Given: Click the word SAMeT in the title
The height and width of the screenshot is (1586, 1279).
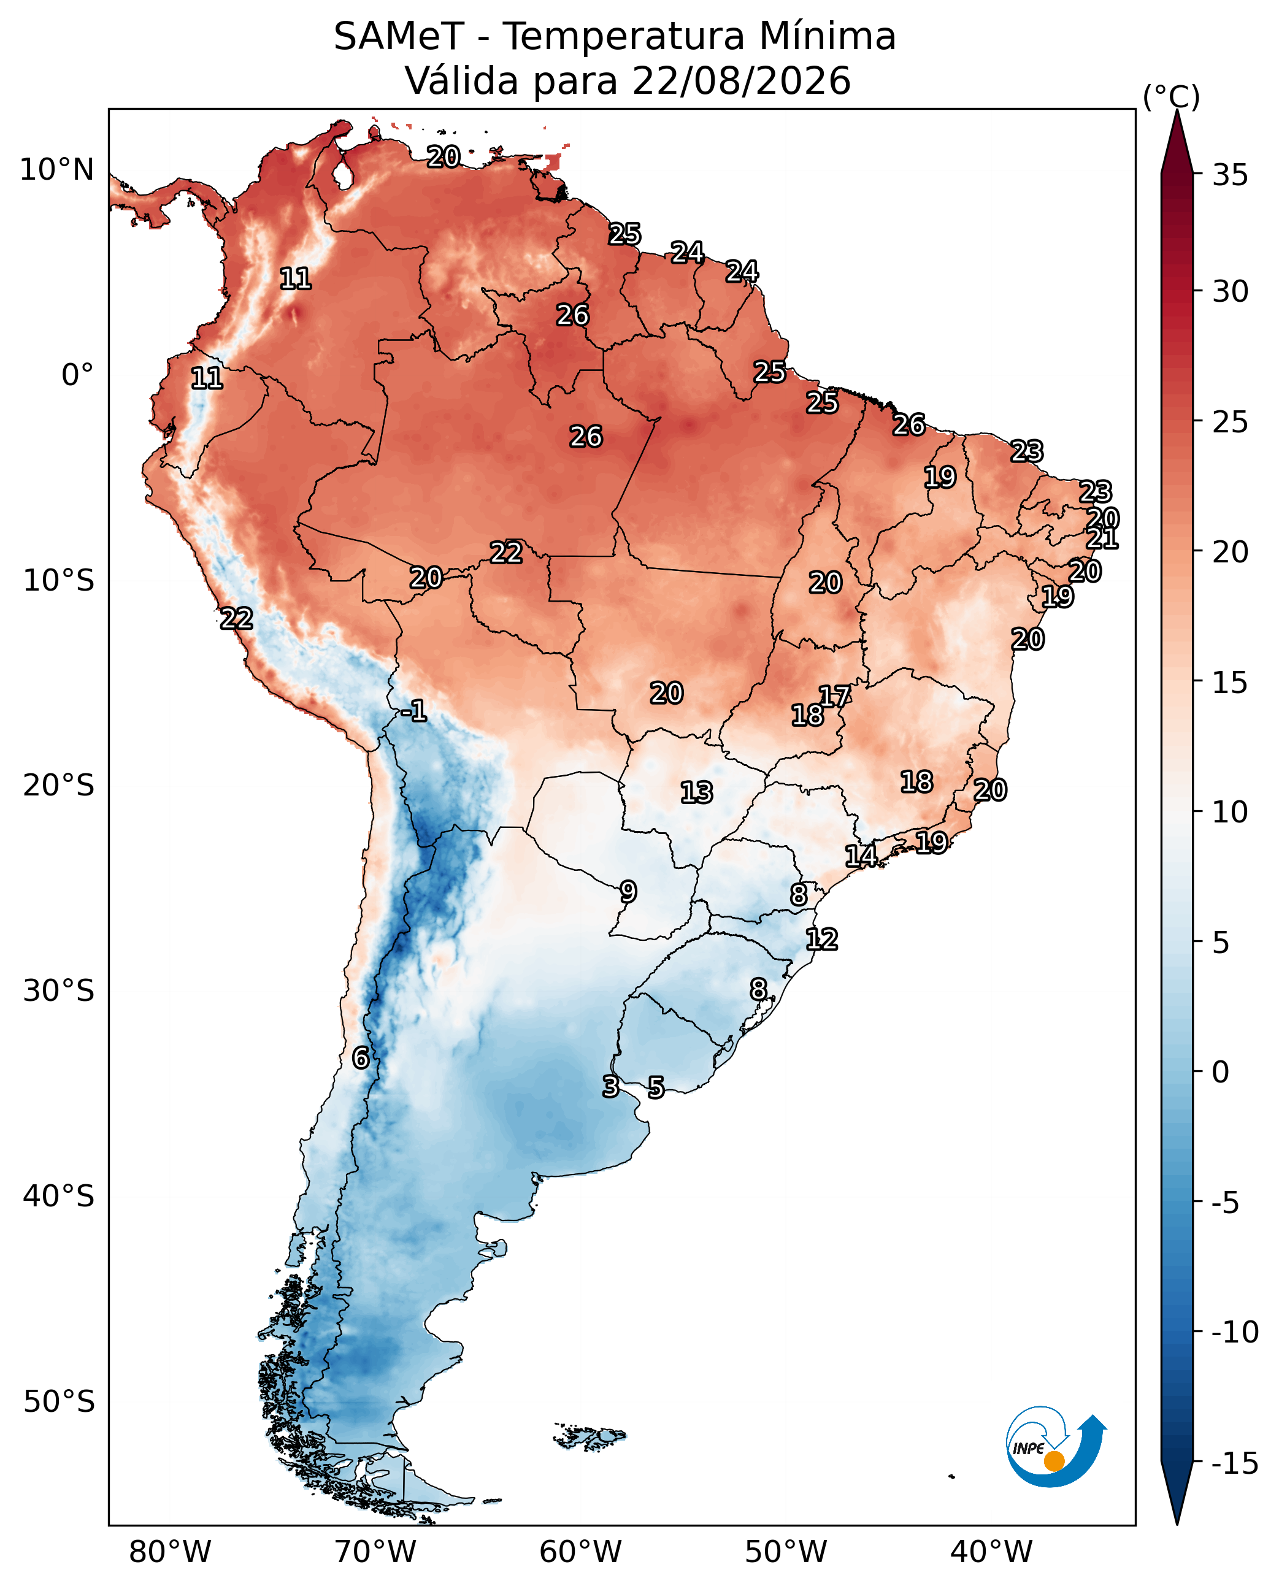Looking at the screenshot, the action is [x=399, y=36].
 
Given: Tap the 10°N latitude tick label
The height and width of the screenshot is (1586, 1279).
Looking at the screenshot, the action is [x=56, y=170].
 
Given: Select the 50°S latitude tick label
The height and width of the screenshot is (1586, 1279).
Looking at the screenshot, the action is [x=59, y=1402].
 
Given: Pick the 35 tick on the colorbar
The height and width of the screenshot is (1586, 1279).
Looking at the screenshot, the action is [x=1231, y=175].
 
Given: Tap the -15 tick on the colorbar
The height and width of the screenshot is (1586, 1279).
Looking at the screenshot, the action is [x=1235, y=1465].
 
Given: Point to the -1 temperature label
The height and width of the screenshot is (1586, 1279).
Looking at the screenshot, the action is [x=415, y=711].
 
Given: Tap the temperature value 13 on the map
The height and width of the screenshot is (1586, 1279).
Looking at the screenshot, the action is [x=696, y=792].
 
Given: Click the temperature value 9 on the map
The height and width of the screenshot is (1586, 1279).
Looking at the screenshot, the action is [x=628, y=892].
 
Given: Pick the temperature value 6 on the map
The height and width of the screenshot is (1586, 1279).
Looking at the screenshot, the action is [x=360, y=1058].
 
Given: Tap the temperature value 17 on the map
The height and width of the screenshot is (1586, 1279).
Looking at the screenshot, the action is [x=835, y=696].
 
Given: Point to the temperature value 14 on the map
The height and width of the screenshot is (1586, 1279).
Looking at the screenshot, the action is [x=861, y=856].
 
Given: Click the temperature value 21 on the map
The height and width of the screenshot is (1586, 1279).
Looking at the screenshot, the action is [x=1103, y=538].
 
